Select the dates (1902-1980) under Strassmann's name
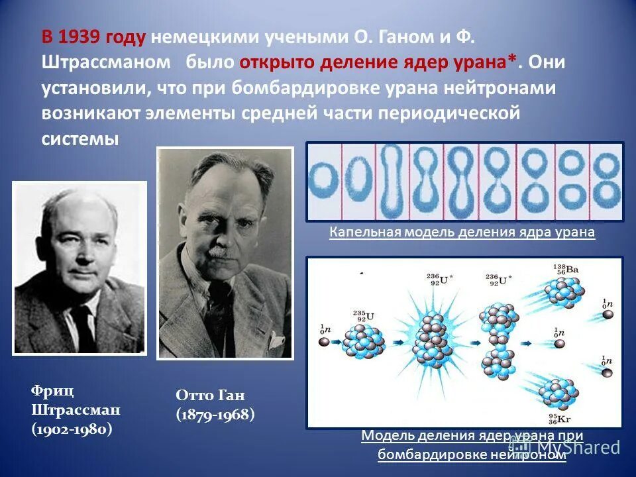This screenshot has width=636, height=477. coord(72,429)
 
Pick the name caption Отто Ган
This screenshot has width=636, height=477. coord(210,396)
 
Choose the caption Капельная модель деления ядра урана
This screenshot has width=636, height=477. coord(462,233)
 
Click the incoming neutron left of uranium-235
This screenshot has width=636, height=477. coord(324,342)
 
